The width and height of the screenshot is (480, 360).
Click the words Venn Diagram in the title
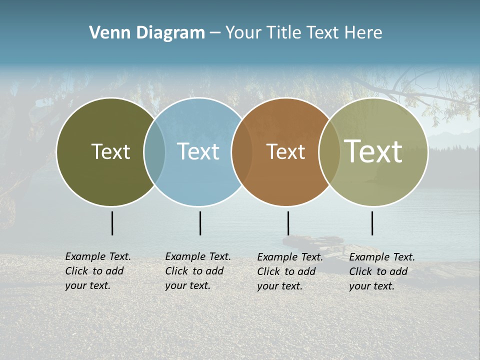click(147, 33)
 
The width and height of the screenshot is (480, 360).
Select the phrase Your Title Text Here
click(303, 33)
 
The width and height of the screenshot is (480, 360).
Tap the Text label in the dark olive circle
click(110, 151)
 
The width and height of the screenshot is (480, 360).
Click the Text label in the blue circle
click(198, 151)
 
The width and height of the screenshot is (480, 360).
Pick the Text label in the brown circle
click(285, 151)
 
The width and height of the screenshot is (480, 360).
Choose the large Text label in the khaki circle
click(373, 151)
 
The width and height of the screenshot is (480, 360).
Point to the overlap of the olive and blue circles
click(154, 152)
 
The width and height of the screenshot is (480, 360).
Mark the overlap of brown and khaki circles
click(329, 152)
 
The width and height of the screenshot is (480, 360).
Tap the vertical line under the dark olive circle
click(112, 223)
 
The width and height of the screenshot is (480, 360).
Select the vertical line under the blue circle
click(200, 223)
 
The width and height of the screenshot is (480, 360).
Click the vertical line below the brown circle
click(288, 223)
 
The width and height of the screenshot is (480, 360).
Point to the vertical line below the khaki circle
click(372, 223)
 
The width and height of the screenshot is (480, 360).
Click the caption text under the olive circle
click(98, 271)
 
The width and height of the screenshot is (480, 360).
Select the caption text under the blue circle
click(198, 271)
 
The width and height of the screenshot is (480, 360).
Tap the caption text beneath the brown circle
click(290, 271)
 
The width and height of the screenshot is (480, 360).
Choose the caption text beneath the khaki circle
click(382, 271)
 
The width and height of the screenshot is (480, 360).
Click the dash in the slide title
click(215, 33)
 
